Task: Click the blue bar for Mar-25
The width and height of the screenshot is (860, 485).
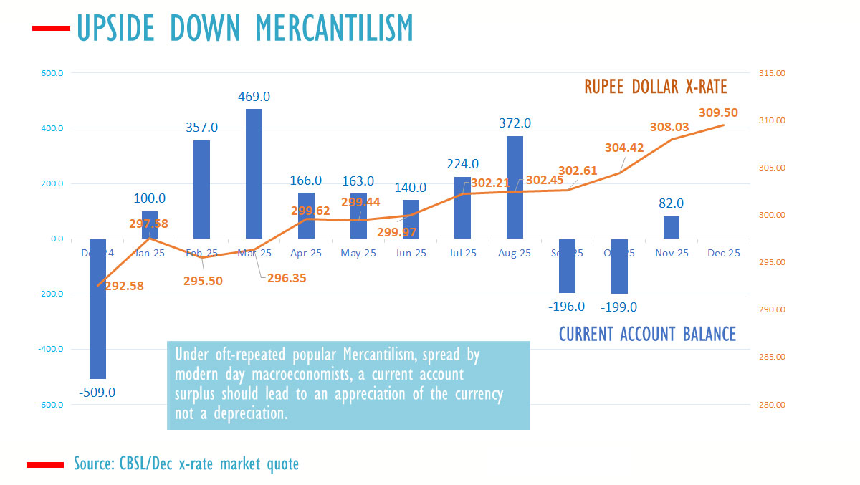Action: tap(254, 173)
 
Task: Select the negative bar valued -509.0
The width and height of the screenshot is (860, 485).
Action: tap(97, 308)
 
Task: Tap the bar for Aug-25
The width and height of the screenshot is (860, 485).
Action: tap(515, 187)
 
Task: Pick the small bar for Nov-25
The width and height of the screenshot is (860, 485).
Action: tap(671, 227)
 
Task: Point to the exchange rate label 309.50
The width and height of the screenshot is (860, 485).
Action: tap(719, 112)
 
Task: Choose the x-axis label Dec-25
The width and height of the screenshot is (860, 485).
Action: tap(723, 254)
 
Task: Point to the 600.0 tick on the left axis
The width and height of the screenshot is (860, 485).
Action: tap(52, 73)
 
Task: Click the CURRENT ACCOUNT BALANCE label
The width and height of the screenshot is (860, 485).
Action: tap(646, 334)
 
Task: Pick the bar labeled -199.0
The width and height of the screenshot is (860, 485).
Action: tap(619, 266)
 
